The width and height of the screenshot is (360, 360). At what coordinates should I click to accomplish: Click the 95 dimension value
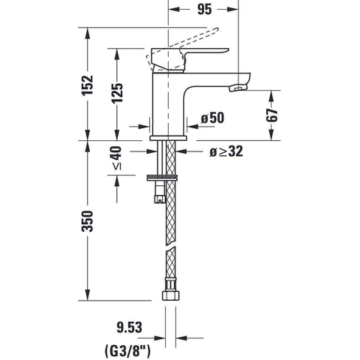205,10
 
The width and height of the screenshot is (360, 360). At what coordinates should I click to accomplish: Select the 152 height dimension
88,85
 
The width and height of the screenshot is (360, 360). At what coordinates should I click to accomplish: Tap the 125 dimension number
117,93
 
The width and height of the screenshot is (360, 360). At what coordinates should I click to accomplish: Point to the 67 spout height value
272,115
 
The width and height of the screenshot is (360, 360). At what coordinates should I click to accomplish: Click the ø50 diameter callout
213,118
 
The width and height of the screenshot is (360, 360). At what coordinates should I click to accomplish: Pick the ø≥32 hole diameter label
226,151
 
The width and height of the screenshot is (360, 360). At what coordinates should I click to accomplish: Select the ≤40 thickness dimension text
116,158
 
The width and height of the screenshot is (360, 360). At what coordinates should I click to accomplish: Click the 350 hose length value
88,221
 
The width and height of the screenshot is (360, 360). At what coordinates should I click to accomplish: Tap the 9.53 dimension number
129,327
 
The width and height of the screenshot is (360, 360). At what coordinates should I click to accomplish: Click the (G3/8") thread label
127,351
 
